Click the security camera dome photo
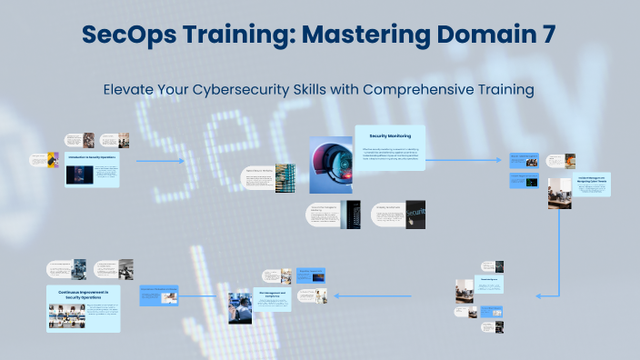tap(331, 165)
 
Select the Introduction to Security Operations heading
tap(92, 156)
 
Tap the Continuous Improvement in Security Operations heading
tap(84, 294)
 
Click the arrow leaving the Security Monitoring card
tap(464, 161)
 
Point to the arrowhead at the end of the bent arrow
tap(538, 295)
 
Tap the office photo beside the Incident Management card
tap(559, 194)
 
